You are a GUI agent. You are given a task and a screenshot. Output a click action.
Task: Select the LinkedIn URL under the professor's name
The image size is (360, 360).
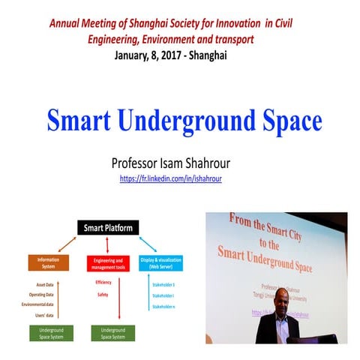(x=171, y=178)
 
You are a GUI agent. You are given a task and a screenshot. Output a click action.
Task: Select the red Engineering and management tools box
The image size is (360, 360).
(x=109, y=262)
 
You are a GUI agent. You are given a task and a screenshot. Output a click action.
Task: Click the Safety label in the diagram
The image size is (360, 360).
(x=102, y=294)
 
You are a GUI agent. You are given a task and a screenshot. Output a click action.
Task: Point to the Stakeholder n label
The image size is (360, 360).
(x=163, y=307)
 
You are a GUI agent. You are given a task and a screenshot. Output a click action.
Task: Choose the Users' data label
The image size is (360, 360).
(x=50, y=316)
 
